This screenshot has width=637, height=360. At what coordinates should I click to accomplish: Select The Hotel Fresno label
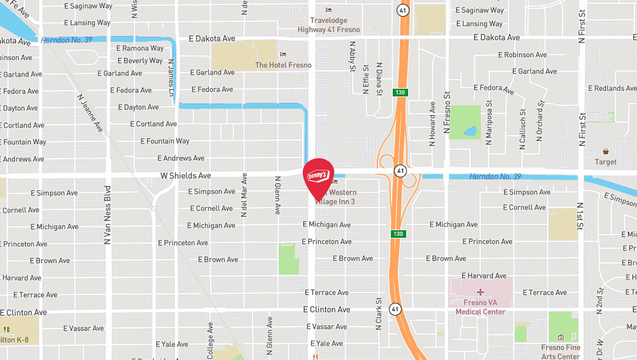(283, 65)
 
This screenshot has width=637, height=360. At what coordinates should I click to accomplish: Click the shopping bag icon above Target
(606, 150)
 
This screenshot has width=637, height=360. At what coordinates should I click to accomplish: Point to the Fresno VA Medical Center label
(480, 307)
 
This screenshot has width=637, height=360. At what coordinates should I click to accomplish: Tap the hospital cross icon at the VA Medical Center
(480, 292)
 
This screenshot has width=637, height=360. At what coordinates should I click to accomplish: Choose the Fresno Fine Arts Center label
(560, 352)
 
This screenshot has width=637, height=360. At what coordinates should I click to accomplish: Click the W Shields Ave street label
(186, 175)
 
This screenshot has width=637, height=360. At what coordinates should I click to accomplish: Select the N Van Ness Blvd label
(108, 214)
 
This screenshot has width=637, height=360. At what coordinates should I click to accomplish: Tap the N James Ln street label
(171, 75)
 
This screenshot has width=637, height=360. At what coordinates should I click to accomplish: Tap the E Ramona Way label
(139, 48)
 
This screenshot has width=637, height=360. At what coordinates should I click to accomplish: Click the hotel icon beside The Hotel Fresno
(282, 53)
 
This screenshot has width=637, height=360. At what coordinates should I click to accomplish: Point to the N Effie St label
(366, 79)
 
